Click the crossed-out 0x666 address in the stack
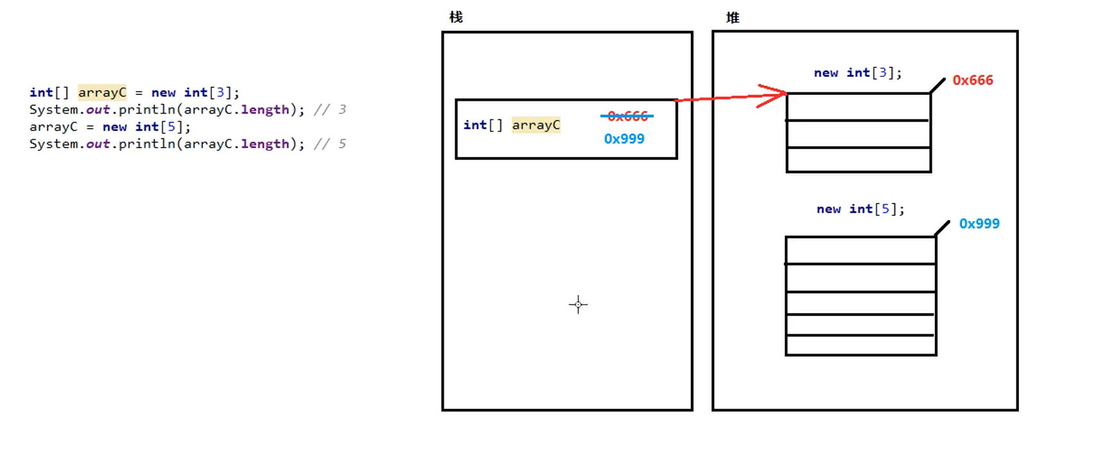click(627, 116)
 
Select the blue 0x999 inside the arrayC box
click(623, 139)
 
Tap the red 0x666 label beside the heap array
click(972, 80)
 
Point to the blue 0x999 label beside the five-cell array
click(979, 223)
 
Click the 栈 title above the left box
click(456, 17)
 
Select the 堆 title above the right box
click(733, 18)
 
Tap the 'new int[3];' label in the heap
click(857, 73)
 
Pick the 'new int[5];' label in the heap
click(860, 209)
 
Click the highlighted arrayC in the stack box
click(536, 125)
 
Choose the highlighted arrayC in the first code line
click(102, 92)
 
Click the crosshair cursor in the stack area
click(578, 305)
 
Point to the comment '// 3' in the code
click(330, 110)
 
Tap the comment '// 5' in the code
click(330, 144)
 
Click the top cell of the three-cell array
click(858, 107)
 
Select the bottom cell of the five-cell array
click(860, 345)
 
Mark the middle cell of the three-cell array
click(858, 133)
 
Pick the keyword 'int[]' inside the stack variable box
click(483, 125)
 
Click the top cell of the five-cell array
click(860, 250)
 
